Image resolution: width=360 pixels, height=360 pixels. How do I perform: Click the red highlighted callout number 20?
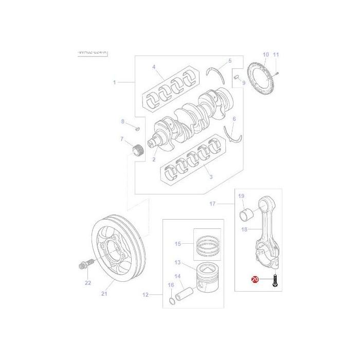(x=256, y=279)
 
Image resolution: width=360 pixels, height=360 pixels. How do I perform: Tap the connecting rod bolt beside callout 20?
(x=276, y=281)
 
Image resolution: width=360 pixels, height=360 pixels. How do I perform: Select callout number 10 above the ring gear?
(x=265, y=55)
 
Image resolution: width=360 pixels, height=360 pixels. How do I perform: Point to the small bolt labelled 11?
(x=277, y=73)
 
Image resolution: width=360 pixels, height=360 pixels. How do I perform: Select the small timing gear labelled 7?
(x=137, y=151)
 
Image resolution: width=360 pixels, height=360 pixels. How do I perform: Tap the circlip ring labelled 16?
(x=171, y=301)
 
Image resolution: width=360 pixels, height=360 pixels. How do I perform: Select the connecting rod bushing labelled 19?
(x=248, y=212)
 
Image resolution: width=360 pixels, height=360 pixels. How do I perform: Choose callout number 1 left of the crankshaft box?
(x=115, y=82)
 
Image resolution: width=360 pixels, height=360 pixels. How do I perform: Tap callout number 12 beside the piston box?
(x=145, y=295)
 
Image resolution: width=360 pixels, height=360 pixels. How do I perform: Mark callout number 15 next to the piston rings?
(x=178, y=243)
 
